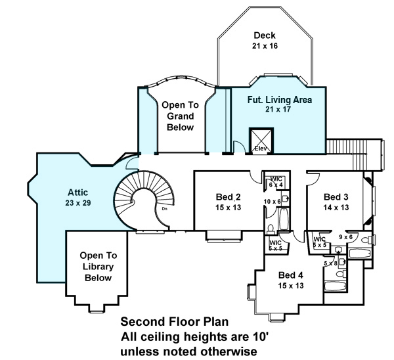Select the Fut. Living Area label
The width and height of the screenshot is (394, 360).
[x=279, y=104]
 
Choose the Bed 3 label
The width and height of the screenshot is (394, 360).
[x=336, y=201]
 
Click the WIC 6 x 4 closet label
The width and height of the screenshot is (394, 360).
[x=276, y=182]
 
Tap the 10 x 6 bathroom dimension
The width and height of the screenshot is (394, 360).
[x=273, y=201]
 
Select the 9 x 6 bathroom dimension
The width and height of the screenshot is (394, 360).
[x=345, y=237]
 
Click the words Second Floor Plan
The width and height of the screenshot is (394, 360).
[x=174, y=323]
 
